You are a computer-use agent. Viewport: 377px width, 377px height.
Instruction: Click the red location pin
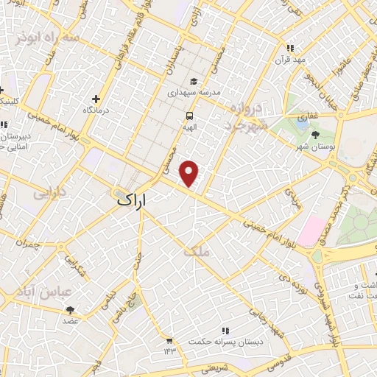(x=190, y=173)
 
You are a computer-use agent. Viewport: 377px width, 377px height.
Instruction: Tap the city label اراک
(x=132, y=200)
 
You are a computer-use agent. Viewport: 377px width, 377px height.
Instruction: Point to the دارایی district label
(x=49, y=194)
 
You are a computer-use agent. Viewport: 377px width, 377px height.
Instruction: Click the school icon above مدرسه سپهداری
(x=194, y=82)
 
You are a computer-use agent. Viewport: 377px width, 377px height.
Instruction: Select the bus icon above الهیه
(x=189, y=116)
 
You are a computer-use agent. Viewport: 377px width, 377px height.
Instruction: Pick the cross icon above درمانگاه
(x=96, y=99)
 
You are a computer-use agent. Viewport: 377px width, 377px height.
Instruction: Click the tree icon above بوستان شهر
(x=315, y=135)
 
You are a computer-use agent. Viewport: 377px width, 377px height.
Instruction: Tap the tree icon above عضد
(x=70, y=311)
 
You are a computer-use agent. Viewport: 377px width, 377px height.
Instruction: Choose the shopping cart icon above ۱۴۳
(x=169, y=340)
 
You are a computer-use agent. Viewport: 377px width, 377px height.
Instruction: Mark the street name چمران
(x=29, y=241)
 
